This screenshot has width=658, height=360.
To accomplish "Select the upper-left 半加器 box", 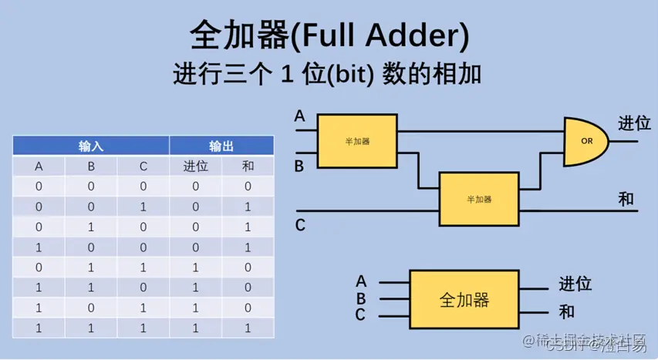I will pos(357,142).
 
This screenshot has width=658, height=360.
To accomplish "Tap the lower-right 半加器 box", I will pos(478,199).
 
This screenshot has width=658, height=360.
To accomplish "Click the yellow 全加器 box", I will pos(464,300).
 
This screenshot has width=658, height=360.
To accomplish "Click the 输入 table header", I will pos(91,145).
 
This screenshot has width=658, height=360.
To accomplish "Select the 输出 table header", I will pos(221,145).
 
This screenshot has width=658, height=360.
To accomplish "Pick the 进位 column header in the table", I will pos(196,167).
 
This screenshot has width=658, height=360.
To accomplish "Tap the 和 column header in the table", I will pos(248,167).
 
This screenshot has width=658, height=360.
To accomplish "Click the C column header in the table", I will pos(143,167).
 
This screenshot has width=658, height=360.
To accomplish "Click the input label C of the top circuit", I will pos(300,226).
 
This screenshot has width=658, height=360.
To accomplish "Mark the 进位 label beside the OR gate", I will pos(634,124).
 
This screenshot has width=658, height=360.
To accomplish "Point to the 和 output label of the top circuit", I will pos(626,199).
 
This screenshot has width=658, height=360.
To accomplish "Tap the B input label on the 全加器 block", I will pos(361,299).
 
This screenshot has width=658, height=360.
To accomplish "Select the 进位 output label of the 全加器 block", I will pos(575,284).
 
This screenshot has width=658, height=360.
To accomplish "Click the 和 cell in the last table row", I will pos(248,328).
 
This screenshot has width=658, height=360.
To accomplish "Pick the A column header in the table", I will pos(39,167).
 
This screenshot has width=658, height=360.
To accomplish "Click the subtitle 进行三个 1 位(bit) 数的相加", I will pos(328,76).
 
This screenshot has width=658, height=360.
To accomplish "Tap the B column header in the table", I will pos(91,167).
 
